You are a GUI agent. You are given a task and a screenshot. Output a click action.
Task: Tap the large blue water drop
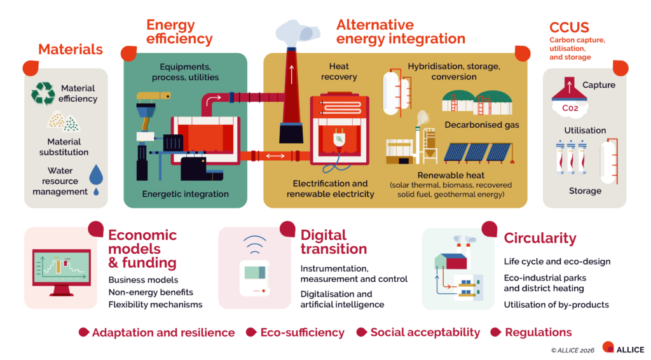(x=96, y=174)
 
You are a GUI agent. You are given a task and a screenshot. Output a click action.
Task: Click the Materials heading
(x=70, y=49)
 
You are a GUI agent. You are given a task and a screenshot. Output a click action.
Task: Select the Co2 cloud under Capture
(x=570, y=109)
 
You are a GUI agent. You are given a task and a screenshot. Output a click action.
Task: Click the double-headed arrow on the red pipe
(x=275, y=156)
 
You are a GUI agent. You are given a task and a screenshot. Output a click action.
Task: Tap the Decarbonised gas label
(x=482, y=125)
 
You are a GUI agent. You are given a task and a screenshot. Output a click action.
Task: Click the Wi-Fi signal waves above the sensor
(x=254, y=244)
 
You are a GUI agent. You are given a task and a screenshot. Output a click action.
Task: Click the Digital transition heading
(x=334, y=242)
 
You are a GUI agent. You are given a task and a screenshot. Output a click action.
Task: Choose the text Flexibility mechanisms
(x=155, y=305)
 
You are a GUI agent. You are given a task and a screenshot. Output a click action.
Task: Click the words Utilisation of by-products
(x=556, y=305)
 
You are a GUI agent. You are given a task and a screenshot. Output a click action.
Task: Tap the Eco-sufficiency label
(x=302, y=332)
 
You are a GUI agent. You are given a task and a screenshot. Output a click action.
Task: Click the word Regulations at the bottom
(x=538, y=332)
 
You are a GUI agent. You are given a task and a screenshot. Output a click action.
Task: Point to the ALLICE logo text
(x=630, y=350)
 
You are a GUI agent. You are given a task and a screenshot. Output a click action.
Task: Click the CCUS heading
(x=569, y=27)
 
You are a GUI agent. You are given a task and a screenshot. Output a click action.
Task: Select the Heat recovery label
(x=339, y=71)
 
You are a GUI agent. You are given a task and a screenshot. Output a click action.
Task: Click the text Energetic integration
(x=185, y=194)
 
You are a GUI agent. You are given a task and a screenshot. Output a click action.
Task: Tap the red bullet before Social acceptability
(x=361, y=332)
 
